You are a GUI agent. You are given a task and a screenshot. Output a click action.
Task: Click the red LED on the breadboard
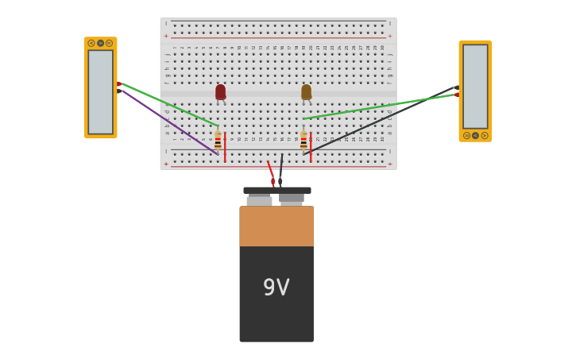tap(220, 92)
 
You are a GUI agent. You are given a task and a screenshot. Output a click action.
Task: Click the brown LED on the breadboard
tap(306, 92)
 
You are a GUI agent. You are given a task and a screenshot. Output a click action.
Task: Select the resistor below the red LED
tap(218, 141)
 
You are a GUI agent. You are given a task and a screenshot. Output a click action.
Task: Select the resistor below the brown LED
tap(303, 141)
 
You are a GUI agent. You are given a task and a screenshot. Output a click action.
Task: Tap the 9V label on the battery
tap(276, 288)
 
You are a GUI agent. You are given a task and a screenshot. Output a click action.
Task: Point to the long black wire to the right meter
tap(381, 119)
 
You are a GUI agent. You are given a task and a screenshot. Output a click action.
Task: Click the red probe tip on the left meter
tap(119, 83)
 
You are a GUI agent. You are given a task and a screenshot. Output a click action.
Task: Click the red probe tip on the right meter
tap(456, 95)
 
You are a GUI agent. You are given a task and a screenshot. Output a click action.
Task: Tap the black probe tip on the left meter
tap(119, 91)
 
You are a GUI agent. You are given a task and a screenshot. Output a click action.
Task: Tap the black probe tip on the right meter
tap(456, 87)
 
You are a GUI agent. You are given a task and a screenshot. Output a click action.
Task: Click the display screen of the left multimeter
tap(100, 91)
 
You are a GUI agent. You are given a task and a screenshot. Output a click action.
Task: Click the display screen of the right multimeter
tap(475, 86)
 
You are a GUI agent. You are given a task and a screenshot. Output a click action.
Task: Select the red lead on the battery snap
tap(270, 171)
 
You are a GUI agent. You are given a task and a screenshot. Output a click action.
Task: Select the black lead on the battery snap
tap(280, 168)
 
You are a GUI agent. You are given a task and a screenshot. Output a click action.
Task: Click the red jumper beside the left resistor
tap(225, 148)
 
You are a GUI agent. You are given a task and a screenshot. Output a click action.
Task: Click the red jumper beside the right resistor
tap(311, 148)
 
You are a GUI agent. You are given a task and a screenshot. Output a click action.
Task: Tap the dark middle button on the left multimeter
tap(100, 43)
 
